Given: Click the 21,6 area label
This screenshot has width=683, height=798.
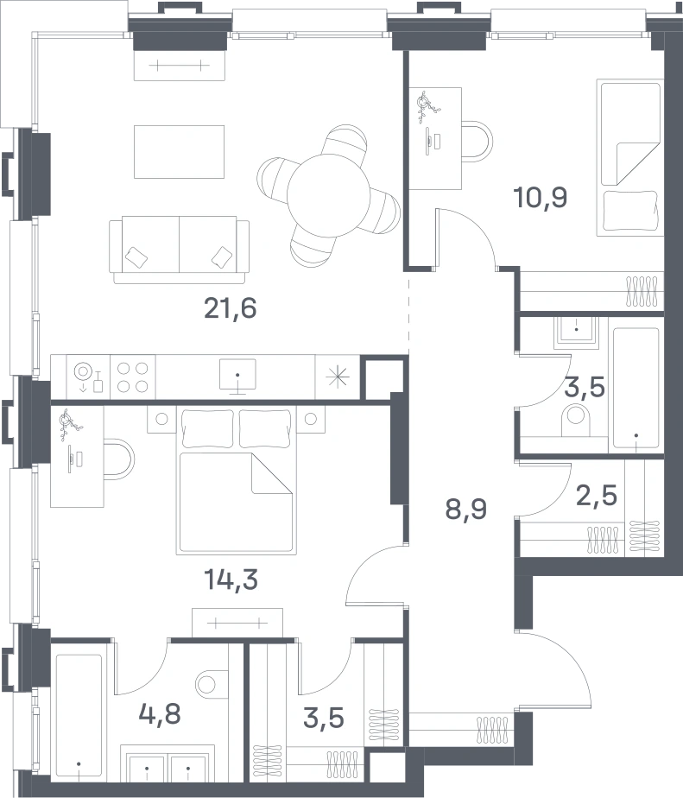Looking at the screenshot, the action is point(230,308).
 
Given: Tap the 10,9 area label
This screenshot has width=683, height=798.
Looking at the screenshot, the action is point(541,198).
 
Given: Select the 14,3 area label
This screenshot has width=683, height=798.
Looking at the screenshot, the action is point(231,579).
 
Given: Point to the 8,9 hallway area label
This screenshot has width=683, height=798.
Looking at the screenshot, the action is point(466,509).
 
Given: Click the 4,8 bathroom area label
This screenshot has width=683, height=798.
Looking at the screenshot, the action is point(160,714).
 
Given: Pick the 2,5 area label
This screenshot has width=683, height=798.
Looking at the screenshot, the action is point(597,495).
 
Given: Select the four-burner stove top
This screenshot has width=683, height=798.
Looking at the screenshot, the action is point(133,377).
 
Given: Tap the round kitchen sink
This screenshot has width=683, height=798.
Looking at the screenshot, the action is point(83,371).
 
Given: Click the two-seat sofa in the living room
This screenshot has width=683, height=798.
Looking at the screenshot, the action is point(179,250).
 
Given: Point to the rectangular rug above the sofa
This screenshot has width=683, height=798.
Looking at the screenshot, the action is point(179,152).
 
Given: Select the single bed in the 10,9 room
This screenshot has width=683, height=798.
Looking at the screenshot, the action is point(630,157).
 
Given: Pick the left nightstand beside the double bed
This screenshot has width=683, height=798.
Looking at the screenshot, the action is point(161,420).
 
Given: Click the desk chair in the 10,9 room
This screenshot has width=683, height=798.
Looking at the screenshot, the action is point(477,141).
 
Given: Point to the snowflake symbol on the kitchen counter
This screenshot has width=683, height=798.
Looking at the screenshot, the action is point(338,377).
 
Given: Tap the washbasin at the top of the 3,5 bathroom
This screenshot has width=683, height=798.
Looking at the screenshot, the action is point(576,331).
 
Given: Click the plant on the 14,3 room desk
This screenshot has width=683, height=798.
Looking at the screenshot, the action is point(66,424).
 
